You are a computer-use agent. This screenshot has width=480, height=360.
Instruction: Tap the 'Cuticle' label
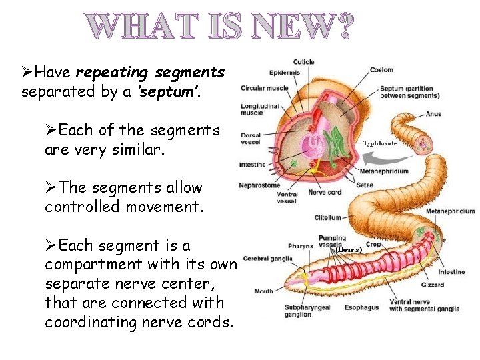tap(303, 62)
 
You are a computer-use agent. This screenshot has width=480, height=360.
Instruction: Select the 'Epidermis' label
tap(285, 72)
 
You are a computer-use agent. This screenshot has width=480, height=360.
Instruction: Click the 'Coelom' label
tap(382, 69)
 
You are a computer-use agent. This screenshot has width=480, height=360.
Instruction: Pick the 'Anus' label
tap(433, 114)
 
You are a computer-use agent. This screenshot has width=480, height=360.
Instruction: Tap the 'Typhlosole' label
tap(379, 143)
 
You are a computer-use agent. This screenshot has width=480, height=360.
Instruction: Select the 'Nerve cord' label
tap(325, 193)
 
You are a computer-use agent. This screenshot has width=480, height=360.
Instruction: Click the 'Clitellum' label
tap(327, 217)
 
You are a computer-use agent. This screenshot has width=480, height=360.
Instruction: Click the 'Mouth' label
tap(263, 291)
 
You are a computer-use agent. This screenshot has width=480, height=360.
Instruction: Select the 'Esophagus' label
tap(362, 307)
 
